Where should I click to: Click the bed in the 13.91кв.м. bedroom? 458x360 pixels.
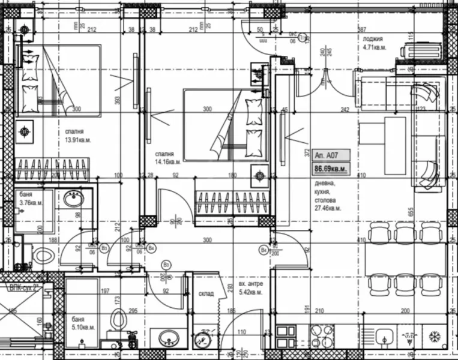click(58, 81)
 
